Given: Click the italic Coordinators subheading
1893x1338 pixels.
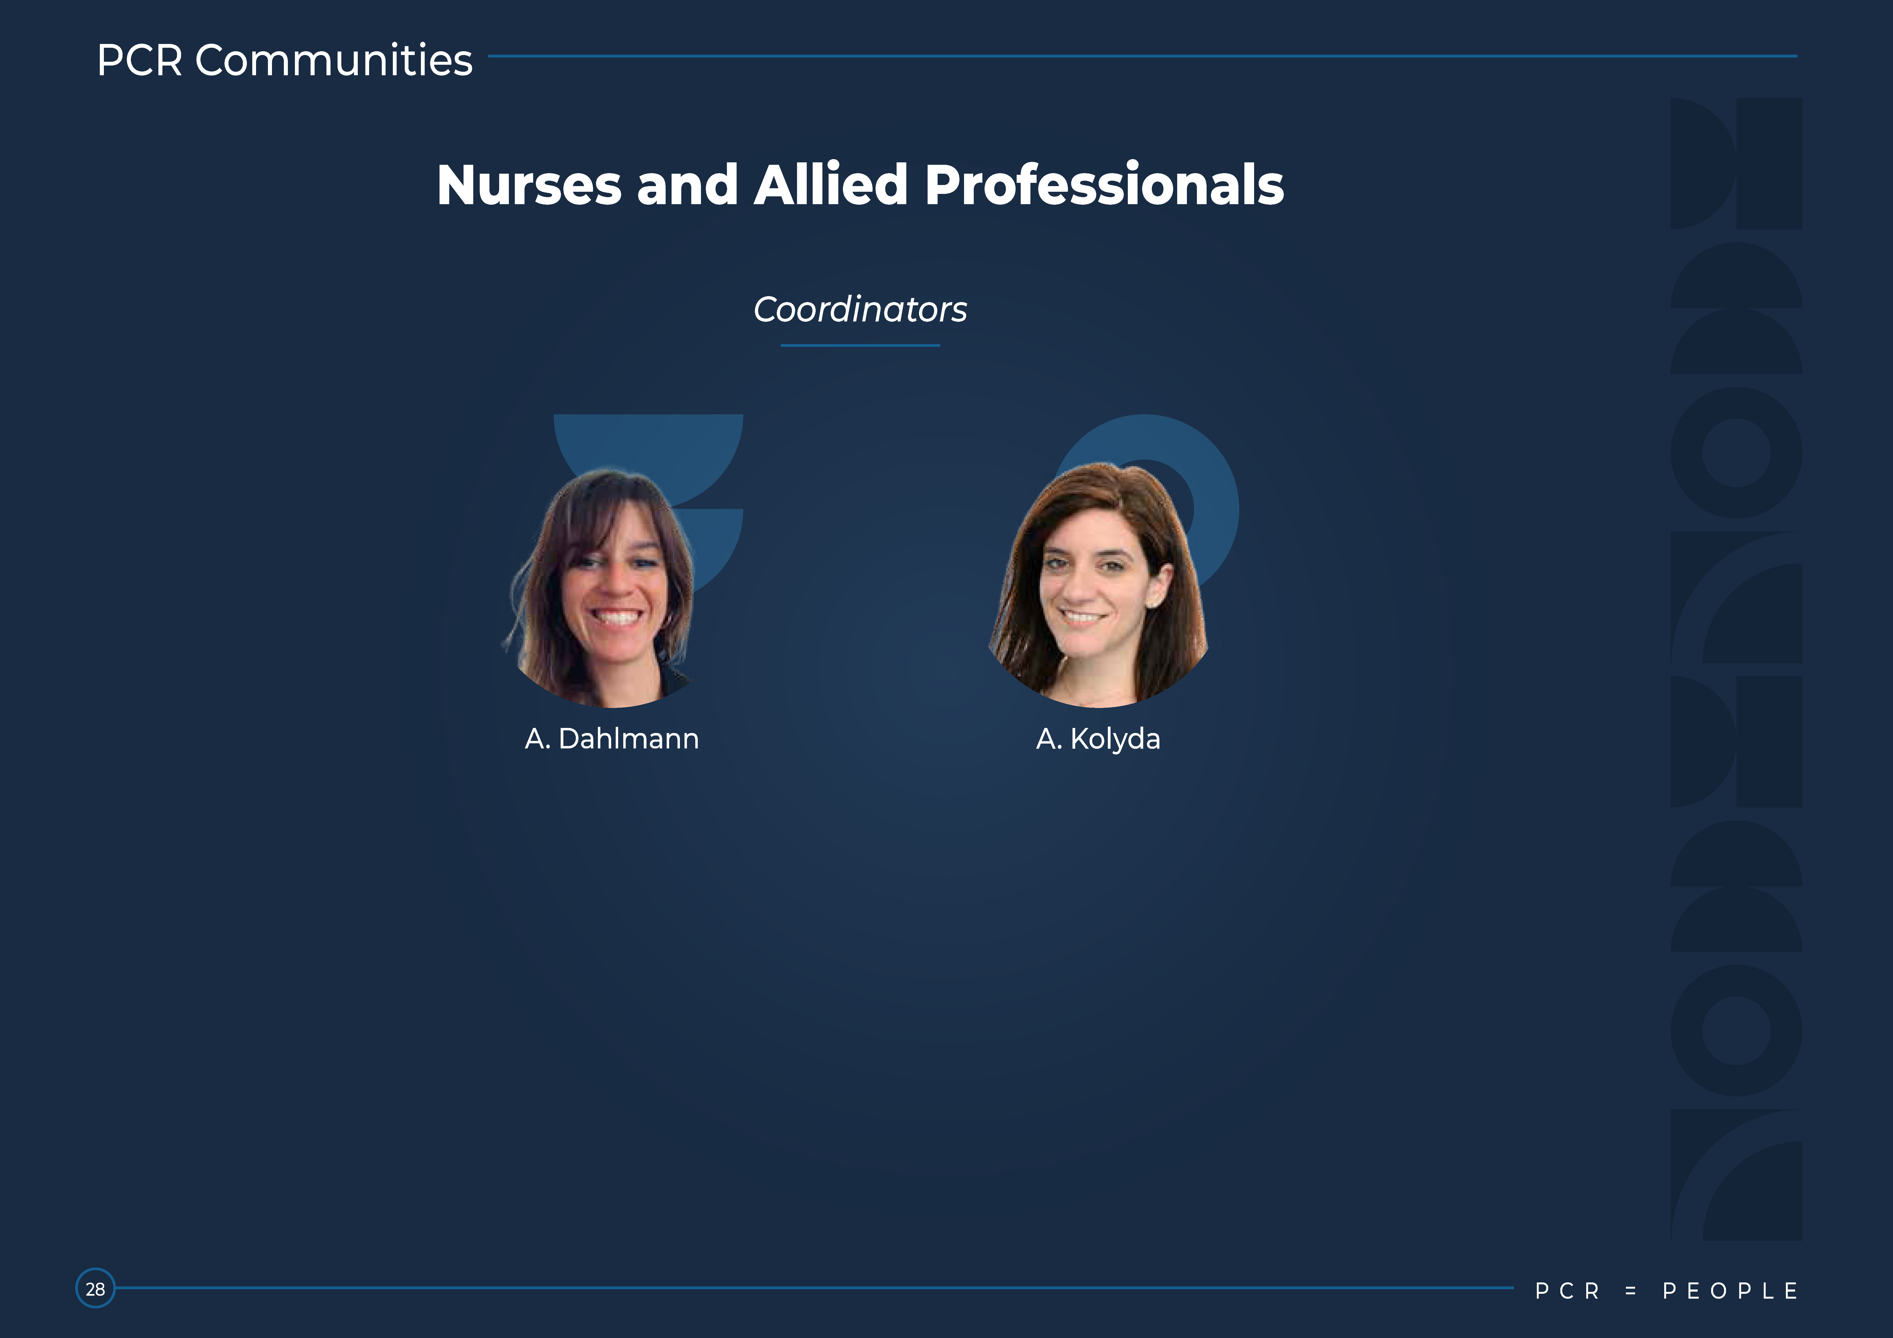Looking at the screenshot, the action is point(860,309).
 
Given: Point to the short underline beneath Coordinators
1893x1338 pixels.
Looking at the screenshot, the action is point(860,345).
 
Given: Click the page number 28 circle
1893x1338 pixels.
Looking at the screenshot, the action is point(96,1289).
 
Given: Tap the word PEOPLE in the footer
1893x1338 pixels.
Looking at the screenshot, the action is point(1730,1291).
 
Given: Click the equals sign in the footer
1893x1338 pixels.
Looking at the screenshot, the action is point(1630,1291).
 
